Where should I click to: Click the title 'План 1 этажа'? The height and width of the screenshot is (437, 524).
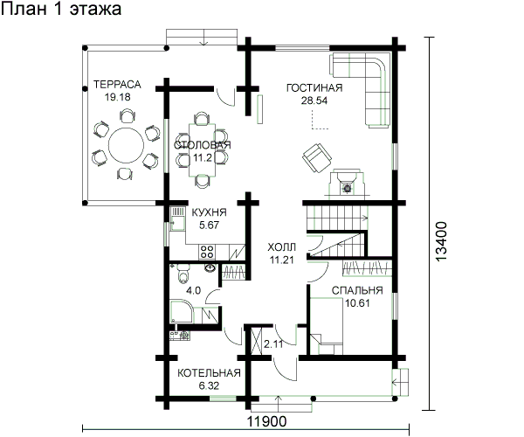click(x=61, y=9)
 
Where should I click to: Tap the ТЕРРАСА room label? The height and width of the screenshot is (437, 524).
click(x=117, y=84)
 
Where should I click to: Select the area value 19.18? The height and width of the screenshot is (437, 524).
click(x=117, y=97)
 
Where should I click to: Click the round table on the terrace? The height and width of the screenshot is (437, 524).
click(x=126, y=145)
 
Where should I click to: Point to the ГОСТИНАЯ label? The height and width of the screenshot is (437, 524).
click(x=314, y=88)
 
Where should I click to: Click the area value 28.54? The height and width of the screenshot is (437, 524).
click(x=314, y=101)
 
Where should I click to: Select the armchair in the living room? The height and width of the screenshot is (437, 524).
click(x=317, y=157)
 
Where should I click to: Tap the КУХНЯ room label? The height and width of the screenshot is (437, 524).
click(x=209, y=212)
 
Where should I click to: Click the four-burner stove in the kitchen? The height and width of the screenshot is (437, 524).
click(x=207, y=252)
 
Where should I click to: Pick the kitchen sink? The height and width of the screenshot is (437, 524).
click(x=177, y=219)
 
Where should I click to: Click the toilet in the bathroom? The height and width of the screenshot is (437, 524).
click(x=183, y=274)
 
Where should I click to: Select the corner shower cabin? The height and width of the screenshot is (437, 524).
click(x=182, y=312)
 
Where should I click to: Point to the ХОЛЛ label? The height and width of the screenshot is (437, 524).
click(x=282, y=247)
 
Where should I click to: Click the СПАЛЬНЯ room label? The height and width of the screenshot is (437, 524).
click(x=357, y=290)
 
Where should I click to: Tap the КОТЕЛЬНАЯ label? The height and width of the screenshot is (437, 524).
click(x=209, y=373)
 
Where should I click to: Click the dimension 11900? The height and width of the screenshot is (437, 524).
click(x=267, y=422)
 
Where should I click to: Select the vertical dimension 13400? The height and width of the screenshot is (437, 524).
click(x=441, y=241)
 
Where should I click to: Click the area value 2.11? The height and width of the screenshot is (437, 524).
click(x=273, y=343)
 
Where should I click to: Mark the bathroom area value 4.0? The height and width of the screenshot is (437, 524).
click(x=194, y=290)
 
